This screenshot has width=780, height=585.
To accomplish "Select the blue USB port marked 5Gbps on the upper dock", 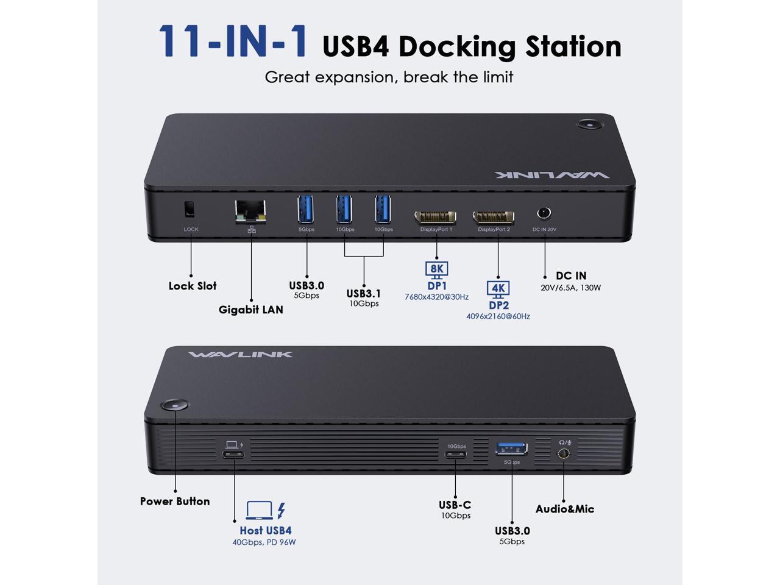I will point(306,209).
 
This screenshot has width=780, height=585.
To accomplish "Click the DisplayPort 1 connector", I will point(436,217).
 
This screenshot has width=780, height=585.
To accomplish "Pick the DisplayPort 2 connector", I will point(494,217).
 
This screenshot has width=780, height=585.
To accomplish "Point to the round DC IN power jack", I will point(544,213).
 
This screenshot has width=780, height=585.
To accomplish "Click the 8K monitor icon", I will point(437,269).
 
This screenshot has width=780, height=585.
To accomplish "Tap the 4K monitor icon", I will point(498,289).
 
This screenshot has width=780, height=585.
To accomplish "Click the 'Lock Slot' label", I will point(193,286).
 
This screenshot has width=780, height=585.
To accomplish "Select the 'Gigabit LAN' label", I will point(251,310).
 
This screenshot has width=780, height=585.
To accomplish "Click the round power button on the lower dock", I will point(175,407).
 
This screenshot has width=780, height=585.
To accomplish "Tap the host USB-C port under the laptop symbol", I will point(233,455).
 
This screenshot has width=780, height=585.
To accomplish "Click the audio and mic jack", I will point(564,454).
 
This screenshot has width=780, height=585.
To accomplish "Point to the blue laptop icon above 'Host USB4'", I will point(259,510).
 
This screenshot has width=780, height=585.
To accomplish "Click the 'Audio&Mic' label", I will point(565,509).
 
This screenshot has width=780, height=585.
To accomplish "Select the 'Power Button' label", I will point(175,502).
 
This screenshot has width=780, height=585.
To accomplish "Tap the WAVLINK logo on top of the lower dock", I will point(240,354).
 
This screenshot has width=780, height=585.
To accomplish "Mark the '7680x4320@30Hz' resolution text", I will point(436,297).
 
